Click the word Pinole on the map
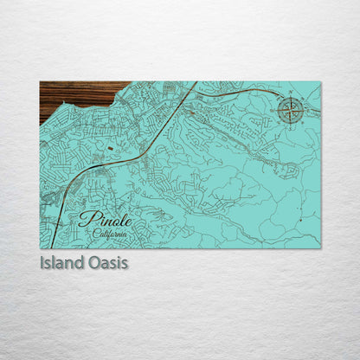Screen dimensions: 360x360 tap(103, 218)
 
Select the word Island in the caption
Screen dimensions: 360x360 tap(61, 261)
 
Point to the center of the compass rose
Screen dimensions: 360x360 tap(292, 110)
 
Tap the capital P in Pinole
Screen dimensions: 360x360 tap(85, 218)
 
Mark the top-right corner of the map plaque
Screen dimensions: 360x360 tap(319, 82)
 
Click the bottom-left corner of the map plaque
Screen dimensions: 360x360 tap(41, 247)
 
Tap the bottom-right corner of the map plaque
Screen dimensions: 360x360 tap(319, 247)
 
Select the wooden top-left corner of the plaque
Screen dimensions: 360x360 tap(42, 83)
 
